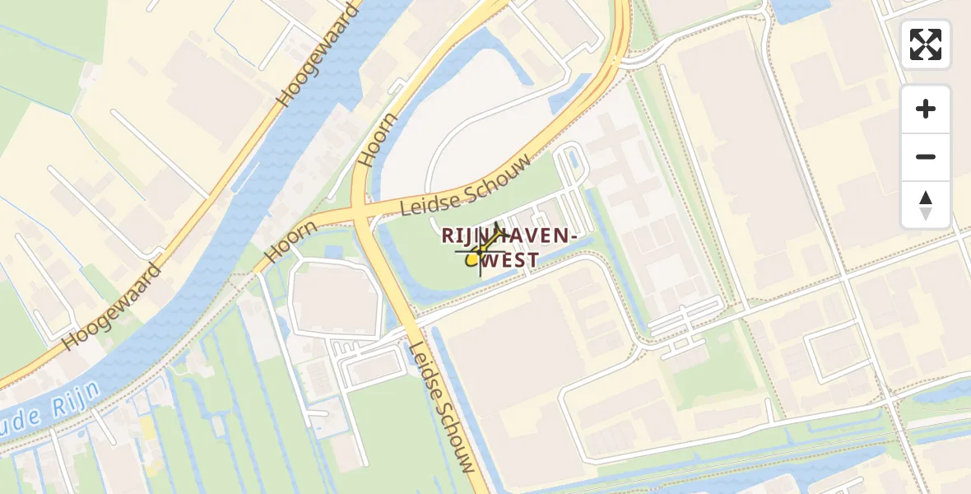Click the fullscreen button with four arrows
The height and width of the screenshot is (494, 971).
(926, 44)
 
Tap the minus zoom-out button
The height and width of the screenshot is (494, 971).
(926, 156)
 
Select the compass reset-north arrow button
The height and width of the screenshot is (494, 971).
(926, 204)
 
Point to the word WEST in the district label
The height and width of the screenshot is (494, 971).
(511, 260)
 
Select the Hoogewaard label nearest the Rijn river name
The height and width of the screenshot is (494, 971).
(111, 306)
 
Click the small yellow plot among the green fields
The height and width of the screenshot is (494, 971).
(147, 428)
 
